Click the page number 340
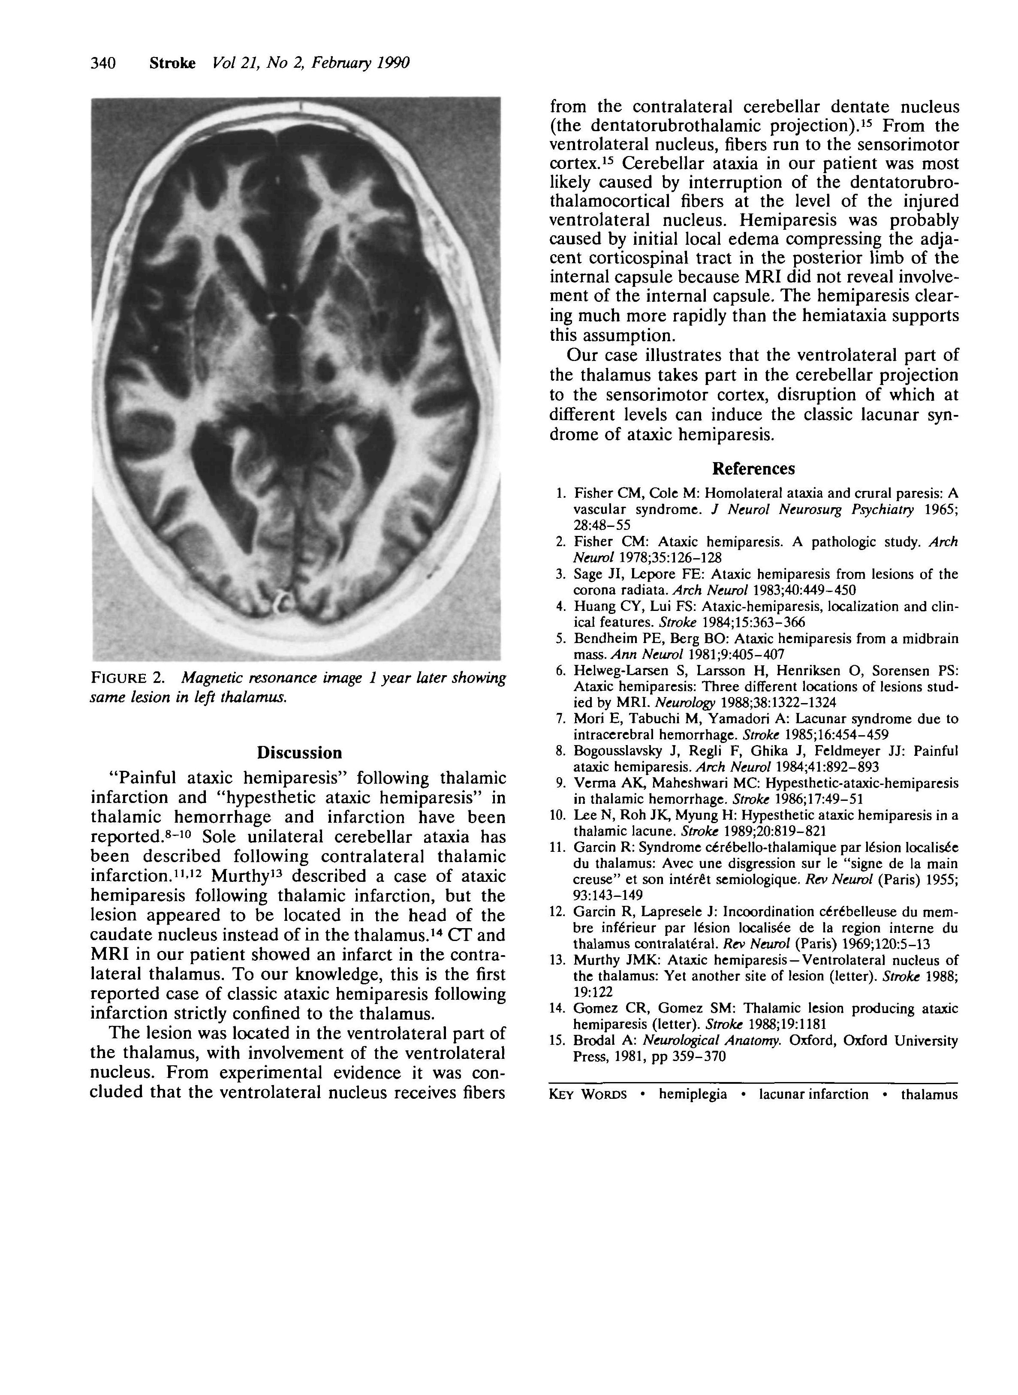(x=103, y=63)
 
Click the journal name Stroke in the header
(x=172, y=63)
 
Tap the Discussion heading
(x=299, y=753)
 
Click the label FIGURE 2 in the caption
(x=127, y=679)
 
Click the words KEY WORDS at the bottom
(x=587, y=1094)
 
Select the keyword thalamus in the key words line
(x=929, y=1094)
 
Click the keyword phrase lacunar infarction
(x=813, y=1094)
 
